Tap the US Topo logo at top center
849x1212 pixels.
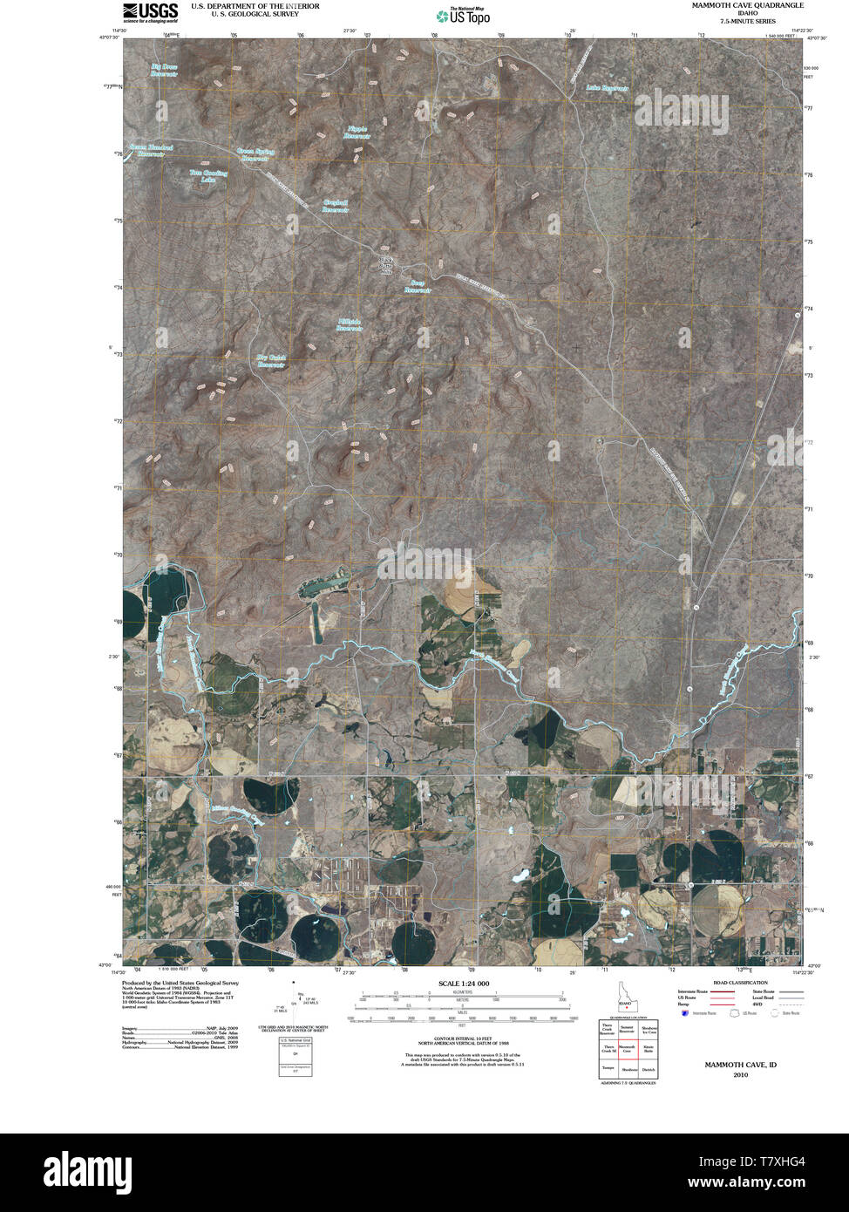point(463,16)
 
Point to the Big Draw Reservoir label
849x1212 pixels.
point(164,70)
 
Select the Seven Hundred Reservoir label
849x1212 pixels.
point(151,150)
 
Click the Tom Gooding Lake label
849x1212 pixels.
point(208,175)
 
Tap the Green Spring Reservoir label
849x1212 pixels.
point(255,154)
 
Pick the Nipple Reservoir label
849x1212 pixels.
point(357,133)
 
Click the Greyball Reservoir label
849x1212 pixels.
point(336,206)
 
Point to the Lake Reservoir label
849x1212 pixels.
point(607,88)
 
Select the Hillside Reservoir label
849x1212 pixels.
point(349,324)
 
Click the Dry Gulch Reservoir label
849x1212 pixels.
point(271,360)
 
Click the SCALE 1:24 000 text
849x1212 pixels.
point(464,984)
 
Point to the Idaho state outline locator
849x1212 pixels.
point(626,997)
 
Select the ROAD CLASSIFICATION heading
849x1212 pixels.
point(740,983)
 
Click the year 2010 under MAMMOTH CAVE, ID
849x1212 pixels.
point(740,1075)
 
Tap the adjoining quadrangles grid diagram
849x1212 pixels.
point(628,1050)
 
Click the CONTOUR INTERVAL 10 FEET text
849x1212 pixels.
point(464,1030)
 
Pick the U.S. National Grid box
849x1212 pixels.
point(295,1056)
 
